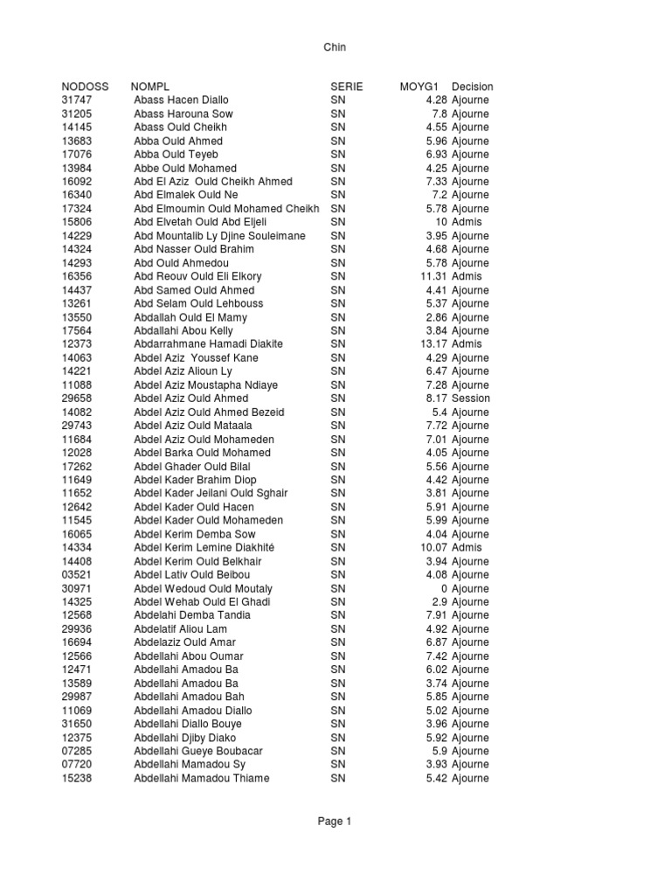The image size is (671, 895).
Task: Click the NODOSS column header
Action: point(85,87)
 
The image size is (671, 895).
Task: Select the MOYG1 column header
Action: point(419,87)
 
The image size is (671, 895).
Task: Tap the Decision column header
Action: point(472,87)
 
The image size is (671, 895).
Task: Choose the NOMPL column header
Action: point(150,87)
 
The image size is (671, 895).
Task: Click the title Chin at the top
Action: point(335,48)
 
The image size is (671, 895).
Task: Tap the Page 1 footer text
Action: point(335,821)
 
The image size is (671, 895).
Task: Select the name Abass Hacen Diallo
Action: point(182,101)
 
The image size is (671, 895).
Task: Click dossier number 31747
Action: point(77,101)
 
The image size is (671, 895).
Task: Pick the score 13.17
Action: point(433,344)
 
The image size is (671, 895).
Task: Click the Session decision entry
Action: point(471,399)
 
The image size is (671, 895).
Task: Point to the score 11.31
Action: point(433,276)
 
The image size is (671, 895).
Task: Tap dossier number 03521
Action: point(77,574)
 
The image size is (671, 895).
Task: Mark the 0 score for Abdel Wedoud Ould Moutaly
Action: point(444,588)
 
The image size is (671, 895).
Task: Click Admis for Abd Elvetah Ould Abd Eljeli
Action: point(467,222)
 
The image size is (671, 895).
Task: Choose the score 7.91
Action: point(436,615)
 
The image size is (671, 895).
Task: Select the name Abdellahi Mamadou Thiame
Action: point(201,778)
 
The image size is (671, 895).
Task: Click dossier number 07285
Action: point(77,751)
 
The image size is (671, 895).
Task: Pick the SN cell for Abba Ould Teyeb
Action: point(338,155)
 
